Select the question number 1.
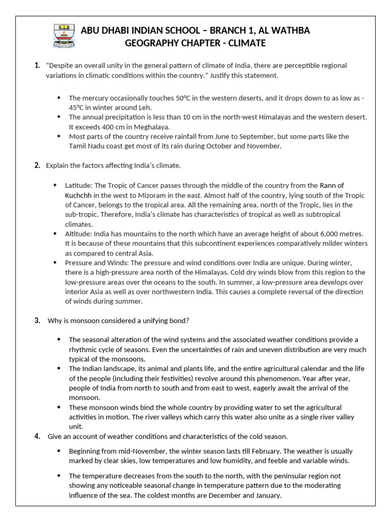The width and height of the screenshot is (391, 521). (x=37, y=66)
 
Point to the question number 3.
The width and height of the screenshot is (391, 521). (x=37, y=321)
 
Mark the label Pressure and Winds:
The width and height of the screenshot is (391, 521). (x=98, y=263)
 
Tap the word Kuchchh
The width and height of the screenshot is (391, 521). (x=83, y=195)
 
